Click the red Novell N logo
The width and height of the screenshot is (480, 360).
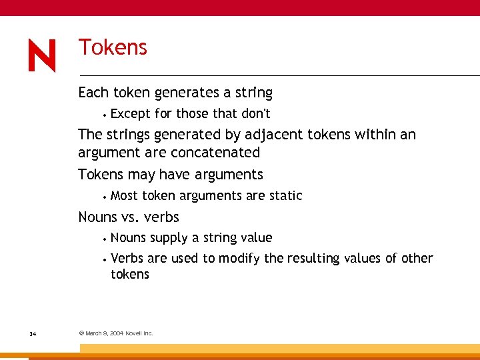click(x=42, y=56)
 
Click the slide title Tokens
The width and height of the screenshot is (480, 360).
click(x=113, y=47)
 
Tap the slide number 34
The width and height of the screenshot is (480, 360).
click(x=33, y=333)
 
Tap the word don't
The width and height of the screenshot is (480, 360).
click(x=255, y=113)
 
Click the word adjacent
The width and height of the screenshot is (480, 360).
click(x=273, y=135)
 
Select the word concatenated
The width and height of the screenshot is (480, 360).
click(x=215, y=153)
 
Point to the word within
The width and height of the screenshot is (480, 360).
click(x=375, y=135)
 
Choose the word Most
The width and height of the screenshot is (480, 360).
click(x=125, y=195)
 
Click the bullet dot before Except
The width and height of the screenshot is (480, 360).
click(x=105, y=115)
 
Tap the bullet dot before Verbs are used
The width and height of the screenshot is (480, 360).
click(x=105, y=259)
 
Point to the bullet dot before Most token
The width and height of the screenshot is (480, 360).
click(x=105, y=197)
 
